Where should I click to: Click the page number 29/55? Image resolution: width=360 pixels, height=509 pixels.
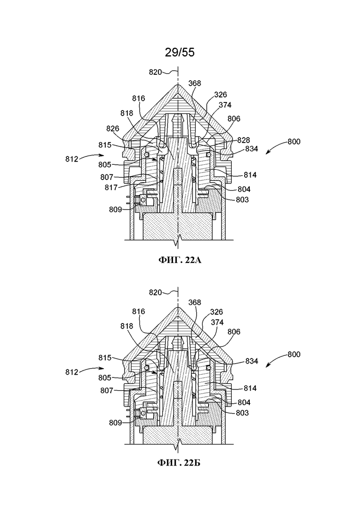(x=180, y=52)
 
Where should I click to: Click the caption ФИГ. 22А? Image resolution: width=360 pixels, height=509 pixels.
(x=180, y=260)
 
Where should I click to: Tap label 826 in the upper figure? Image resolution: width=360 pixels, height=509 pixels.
(x=113, y=129)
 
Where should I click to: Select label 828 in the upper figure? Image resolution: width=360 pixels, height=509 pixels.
(x=244, y=140)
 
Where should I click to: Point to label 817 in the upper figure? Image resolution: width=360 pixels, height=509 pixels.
(x=111, y=188)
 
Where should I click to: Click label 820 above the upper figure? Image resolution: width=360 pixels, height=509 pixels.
(x=155, y=72)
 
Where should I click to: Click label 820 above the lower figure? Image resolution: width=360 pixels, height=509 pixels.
(x=155, y=293)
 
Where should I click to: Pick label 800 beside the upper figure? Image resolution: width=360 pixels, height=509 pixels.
(x=294, y=142)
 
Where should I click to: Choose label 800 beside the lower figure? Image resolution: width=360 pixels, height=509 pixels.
(x=294, y=354)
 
